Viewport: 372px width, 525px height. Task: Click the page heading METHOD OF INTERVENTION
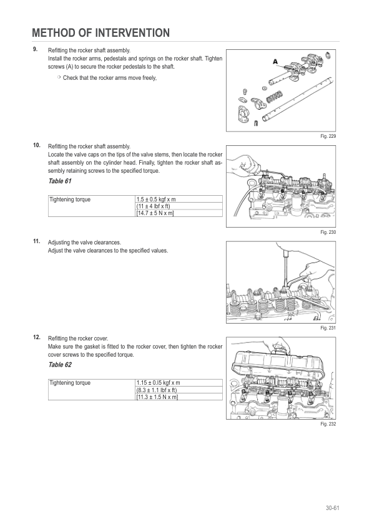coord(101,33)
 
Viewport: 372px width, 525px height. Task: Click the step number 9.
coord(35,49)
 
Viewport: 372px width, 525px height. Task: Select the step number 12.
coord(37,337)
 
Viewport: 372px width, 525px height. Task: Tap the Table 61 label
coord(60,181)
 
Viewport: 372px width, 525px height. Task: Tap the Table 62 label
coord(60,365)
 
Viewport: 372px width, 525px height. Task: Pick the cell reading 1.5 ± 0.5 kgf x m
coord(156,200)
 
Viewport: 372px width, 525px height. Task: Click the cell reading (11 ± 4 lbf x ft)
coord(153,206)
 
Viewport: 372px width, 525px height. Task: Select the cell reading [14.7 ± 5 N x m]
coord(155,213)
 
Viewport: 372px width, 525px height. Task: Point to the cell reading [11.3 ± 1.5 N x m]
coord(157,397)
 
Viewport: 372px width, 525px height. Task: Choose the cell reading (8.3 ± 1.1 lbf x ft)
coord(157,390)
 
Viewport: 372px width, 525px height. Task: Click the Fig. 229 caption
coord(328,137)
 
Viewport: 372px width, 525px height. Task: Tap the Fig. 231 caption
coord(328,328)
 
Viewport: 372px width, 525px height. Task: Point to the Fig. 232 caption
coord(328,424)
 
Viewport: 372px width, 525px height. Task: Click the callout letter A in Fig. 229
coord(275,62)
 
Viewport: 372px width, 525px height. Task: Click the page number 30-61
coord(333,508)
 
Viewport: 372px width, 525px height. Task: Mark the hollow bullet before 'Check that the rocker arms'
coord(59,77)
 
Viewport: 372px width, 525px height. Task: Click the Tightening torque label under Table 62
coord(70,383)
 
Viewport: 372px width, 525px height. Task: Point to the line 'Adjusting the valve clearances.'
coord(84,243)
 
